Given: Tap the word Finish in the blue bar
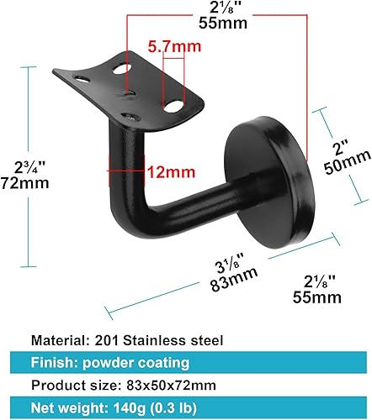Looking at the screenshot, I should (54, 364).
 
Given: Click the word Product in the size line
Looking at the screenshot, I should (58, 386).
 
